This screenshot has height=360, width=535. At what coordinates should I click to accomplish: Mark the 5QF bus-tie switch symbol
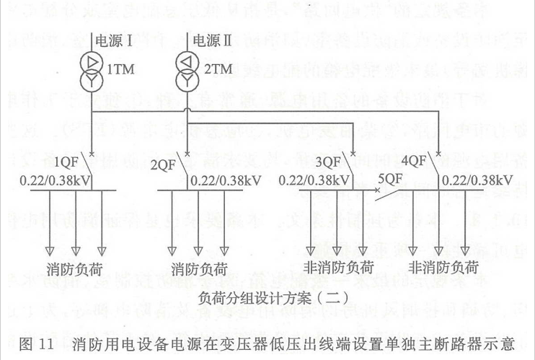(386, 193)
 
